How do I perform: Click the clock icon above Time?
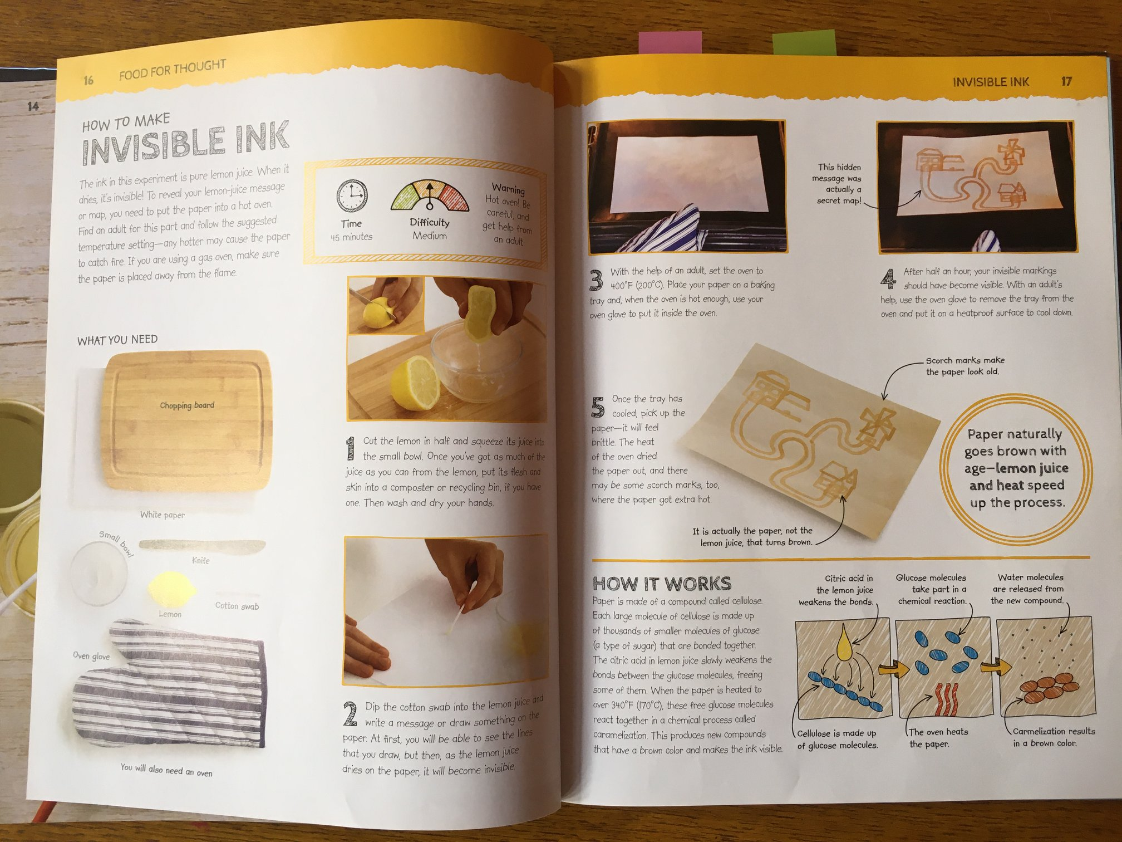coord(352,196)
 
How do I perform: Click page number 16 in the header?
coord(88,81)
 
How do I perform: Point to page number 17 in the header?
coord(1066,81)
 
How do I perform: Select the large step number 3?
coord(596,280)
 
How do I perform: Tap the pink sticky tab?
coord(662,42)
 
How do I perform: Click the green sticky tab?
coord(803,42)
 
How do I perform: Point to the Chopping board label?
coord(187,405)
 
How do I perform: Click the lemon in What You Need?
coord(171,589)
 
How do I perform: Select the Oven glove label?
coord(91,656)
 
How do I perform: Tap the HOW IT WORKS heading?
coord(662,584)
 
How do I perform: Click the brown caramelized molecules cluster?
coord(1046,689)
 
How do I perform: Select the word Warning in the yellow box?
coord(508,189)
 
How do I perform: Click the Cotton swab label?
coord(237,606)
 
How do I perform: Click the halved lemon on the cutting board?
coord(415,383)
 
